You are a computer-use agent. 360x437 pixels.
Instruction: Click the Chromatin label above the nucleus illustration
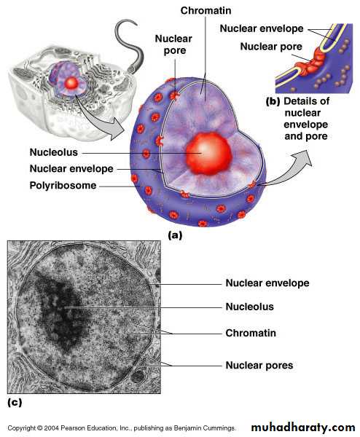206,11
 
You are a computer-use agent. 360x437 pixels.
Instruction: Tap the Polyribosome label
63,185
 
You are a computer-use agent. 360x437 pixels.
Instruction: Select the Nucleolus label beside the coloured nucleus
53,152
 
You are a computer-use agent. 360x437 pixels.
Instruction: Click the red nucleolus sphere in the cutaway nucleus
208,154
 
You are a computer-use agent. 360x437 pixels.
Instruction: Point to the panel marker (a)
175,235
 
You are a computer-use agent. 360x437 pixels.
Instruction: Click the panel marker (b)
273,101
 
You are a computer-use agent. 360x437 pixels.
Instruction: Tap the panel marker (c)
15,403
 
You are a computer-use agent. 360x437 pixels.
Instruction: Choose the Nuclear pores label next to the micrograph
259,365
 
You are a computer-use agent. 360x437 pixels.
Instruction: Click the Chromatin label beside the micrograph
251,333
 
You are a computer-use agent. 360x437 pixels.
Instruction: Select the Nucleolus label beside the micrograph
249,307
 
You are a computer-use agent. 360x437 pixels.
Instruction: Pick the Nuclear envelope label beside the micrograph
267,283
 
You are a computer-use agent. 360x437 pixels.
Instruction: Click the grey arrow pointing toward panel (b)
290,170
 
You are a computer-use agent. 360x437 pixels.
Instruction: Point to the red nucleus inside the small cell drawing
71,83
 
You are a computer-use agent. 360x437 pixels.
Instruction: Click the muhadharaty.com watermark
303,428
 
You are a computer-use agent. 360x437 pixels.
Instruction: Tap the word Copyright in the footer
22,428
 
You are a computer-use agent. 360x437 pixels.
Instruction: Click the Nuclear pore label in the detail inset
271,47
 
